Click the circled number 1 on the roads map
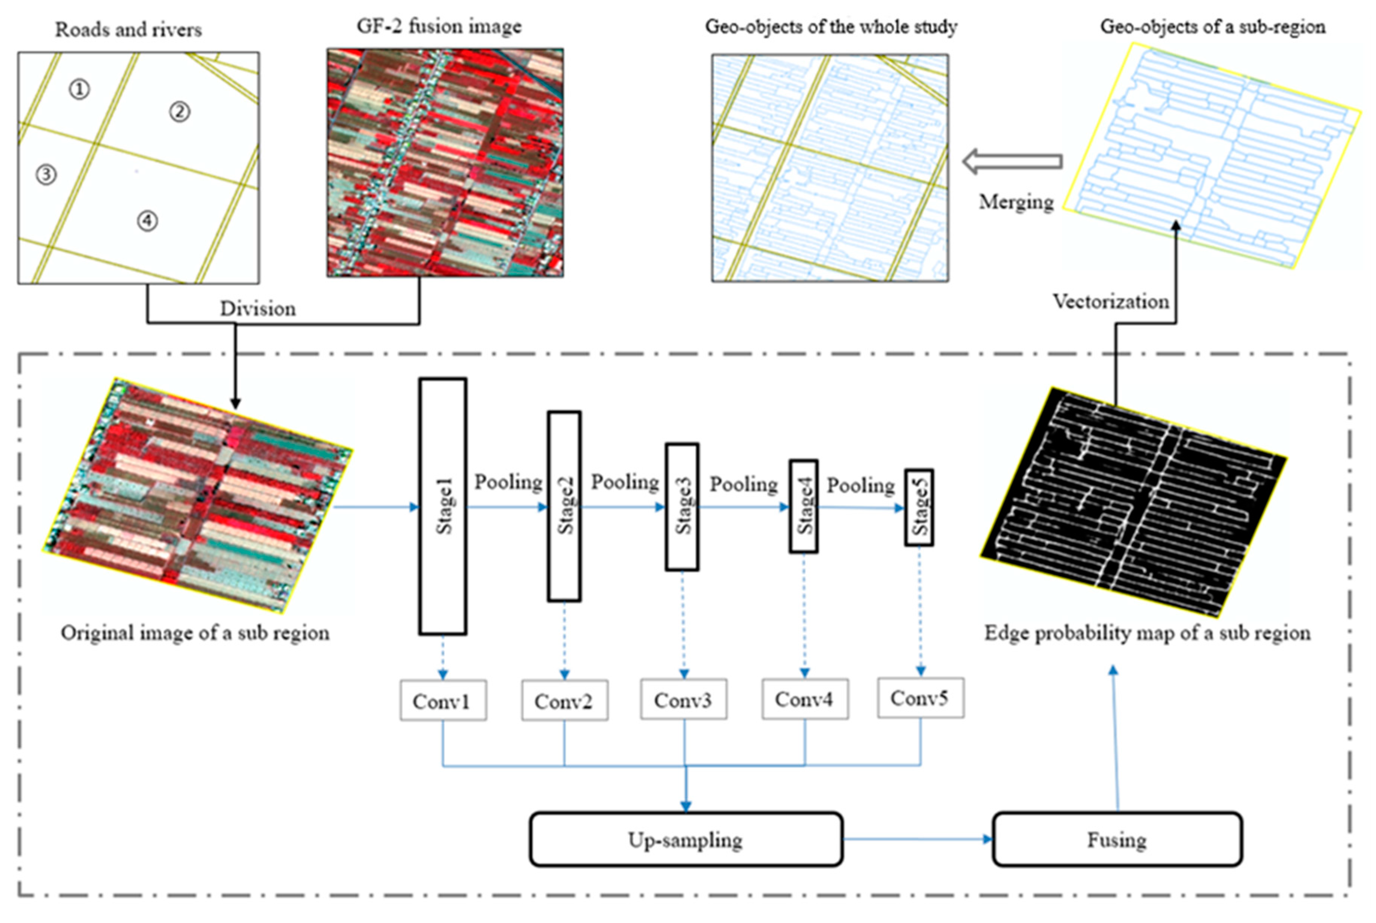pyautogui.click(x=79, y=89)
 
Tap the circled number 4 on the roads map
pyautogui.click(x=147, y=221)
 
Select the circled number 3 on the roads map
pyautogui.click(x=46, y=174)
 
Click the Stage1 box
pyautogui.click(x=443, y=506)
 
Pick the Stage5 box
pyautogui.click(x=919, y=508)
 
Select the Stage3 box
pyautogui.click(x=683, y=507)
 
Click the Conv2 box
pyautogui.click(x=564, y=701)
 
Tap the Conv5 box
pyautogui.click(x=920, y=698)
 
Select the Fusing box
pyautogui.click(x=1117, y=840)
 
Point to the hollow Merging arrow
pyautogui.click(x=1013, y=161)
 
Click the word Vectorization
pyautogui.click(x=1111, y=301)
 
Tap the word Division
pyautogui.click(x=258, y=308)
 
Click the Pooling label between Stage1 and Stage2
pyautogui.click(x=508, y=482)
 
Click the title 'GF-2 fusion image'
pyautogui.click(x=439, y=27)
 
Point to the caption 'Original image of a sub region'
pyautogui.click(x=195, y=633)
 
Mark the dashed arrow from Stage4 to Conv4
pyautogui.click(x=804, y=615)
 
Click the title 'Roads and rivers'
pyautogui.click(x=128, y=30)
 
